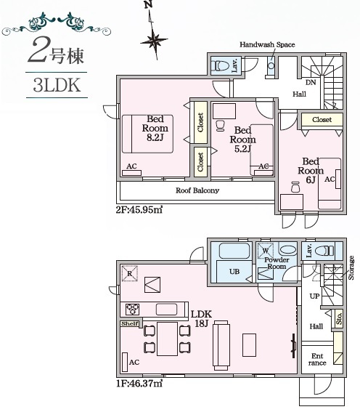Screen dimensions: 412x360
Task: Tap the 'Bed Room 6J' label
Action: point(310,170)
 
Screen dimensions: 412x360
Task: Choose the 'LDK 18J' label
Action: point(201,318)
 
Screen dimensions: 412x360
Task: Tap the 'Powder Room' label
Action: point(277,264)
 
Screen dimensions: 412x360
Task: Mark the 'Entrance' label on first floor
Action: point(317,359)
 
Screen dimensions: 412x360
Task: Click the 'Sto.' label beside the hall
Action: point(339,318)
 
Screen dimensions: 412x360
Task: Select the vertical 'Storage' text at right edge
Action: point(351,267)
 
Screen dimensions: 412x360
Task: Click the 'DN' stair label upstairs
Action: point(310,82)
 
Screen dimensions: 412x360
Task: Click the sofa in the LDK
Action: point(221,346)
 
